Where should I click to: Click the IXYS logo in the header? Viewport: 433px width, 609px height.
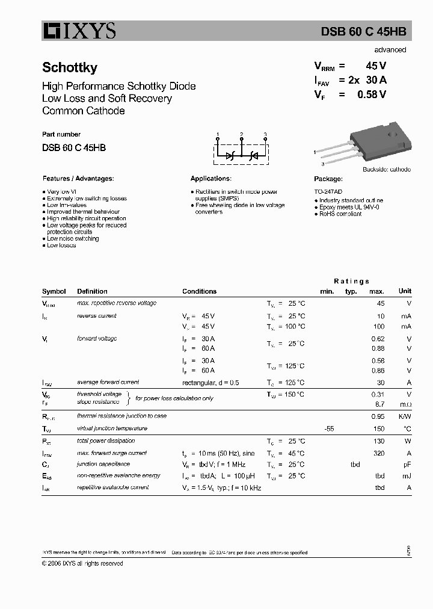(79, 30)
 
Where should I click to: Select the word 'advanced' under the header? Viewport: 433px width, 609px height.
(390, 50)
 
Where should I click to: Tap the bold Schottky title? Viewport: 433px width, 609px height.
(70, 68)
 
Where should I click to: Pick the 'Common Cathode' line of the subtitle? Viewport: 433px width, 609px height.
(84, 111)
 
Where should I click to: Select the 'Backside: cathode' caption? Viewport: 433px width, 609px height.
(386, 170)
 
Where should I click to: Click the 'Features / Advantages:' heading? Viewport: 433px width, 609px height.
(78, 179)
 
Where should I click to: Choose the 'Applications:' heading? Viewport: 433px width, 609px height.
(210, 179)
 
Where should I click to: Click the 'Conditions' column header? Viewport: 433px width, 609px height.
(199, 291)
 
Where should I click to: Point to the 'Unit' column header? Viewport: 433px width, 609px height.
(405, 291)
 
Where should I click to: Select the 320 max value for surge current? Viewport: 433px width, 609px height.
(378, 453)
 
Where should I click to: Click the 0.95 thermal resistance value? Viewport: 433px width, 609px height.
(378, 416)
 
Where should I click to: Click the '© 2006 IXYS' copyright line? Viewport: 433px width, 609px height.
(82, 563)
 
